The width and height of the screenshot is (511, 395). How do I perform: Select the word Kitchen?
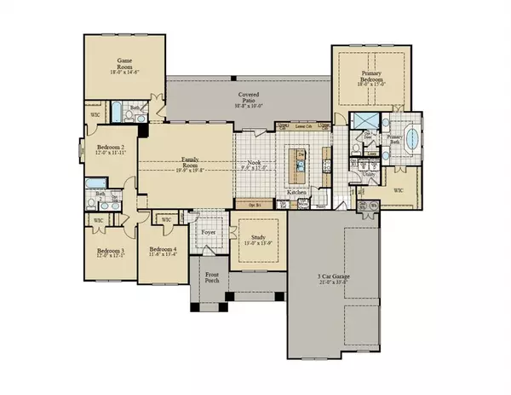pyautogui.click(x=296, y=193)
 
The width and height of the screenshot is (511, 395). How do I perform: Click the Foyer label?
pyautogui.click(x=207, y=232)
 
